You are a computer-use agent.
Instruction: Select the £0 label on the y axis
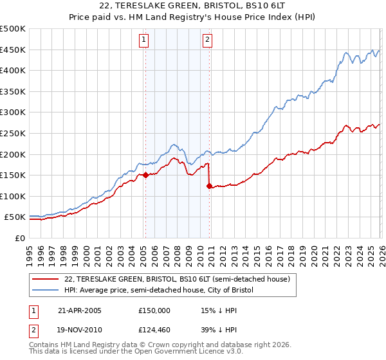(19, 238)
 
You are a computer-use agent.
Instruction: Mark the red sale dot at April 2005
(145, 175)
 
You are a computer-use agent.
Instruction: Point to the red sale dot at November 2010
(209, 186)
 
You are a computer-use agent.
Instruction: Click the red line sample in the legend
(46, 280)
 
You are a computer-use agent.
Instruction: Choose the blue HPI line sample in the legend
(46, 291)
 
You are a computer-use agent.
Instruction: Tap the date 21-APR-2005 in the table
(80, 310)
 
